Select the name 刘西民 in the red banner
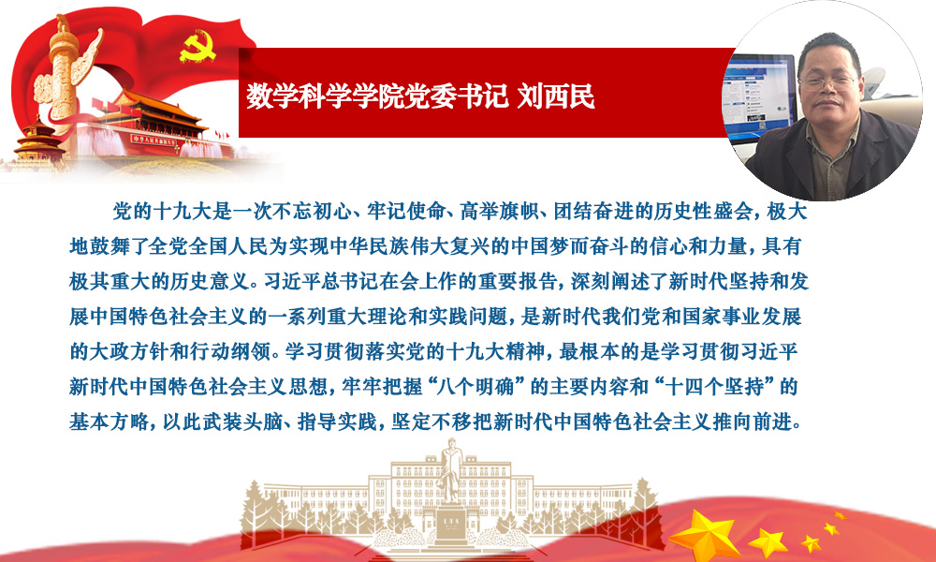556,96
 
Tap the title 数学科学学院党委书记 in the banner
377,96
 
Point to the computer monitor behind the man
758,96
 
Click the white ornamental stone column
64,72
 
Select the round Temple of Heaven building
39,142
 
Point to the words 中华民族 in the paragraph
370,246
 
